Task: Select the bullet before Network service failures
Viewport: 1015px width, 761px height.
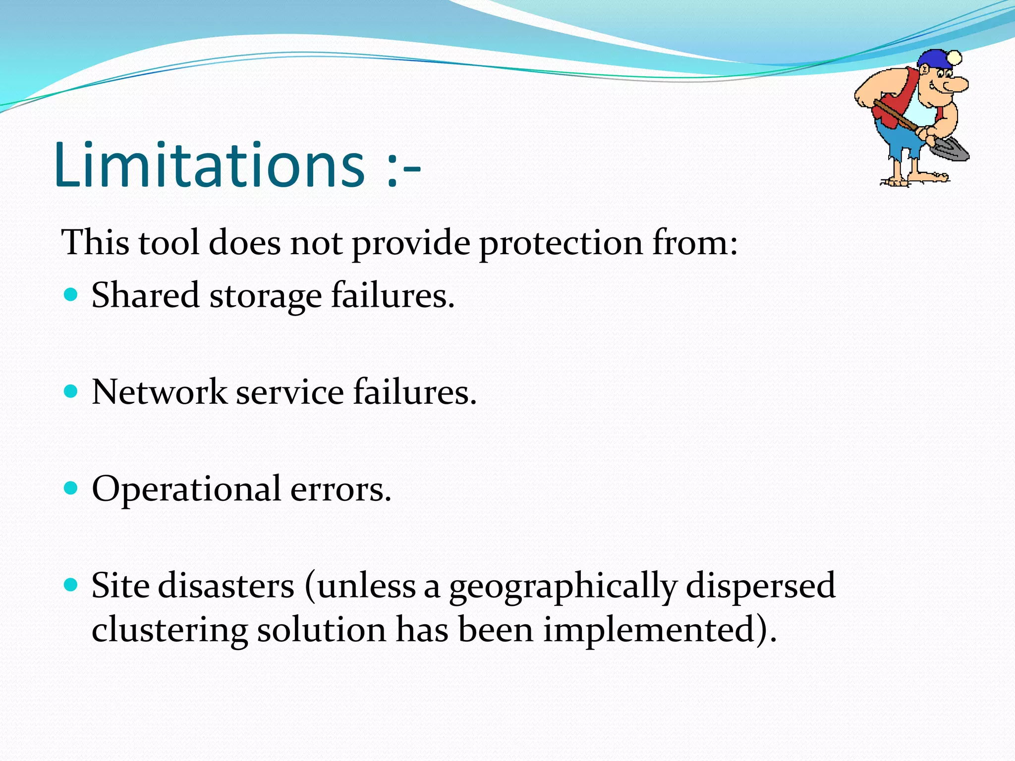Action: pyautogui.click(x=71, y=392)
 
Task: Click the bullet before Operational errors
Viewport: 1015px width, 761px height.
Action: pyautogui.click(x=71, y=489)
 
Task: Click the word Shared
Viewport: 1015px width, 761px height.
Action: pyautogui.click(x=145, y=295)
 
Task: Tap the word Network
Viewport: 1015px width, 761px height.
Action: pyautogui.click(x=159, y=392)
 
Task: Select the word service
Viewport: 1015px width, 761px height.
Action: pyautogui.click(x=289, y=392)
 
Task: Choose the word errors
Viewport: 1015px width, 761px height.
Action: pyautogui.click(x=340, y=490)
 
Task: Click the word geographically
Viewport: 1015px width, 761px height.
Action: pyautogui.click(x=563, y=588)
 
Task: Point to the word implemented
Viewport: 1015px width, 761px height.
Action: pyautogui.click(x=654, y=632)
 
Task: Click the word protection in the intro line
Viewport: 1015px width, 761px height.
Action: pyautogui.click(x=561, y=244)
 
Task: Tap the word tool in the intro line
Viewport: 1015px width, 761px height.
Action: pyautogui.click(x=169, y=243)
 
